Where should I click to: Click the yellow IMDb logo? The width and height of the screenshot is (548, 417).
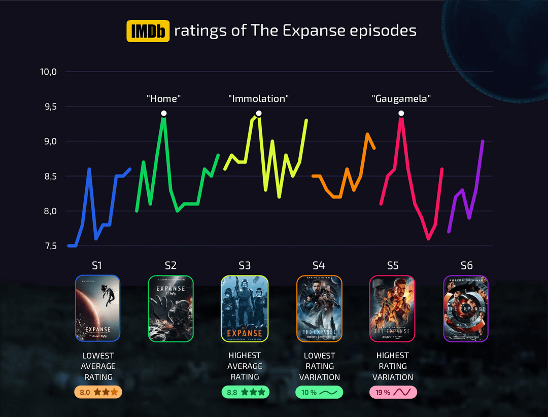(148, 31)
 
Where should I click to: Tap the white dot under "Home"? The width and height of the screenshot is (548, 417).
(163, 113)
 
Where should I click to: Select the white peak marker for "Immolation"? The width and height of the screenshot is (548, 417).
(259, 113)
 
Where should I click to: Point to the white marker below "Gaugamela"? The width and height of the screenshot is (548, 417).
(401, 113)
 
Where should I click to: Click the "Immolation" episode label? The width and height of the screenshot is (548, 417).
(258, 99)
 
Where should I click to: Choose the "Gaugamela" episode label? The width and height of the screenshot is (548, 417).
(401, 99)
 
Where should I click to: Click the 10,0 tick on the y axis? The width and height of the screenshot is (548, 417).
(48, 72)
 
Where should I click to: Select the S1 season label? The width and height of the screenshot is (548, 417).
(97, 265)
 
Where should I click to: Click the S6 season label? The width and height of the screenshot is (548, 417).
(466, 265)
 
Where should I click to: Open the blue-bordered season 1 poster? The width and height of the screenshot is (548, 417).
(97, 308)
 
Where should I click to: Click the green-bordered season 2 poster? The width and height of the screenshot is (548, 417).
(170, 308)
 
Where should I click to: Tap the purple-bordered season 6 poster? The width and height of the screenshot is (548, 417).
(466, 308)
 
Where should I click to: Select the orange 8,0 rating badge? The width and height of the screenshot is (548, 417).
(98, 392)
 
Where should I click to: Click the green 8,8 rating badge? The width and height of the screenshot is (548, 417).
(245, 392)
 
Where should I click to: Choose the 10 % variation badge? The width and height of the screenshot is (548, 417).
(319, 392)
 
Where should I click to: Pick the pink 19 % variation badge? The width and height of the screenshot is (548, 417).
(393, 392)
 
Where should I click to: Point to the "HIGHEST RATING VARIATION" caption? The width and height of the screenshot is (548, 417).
(393, 366)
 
